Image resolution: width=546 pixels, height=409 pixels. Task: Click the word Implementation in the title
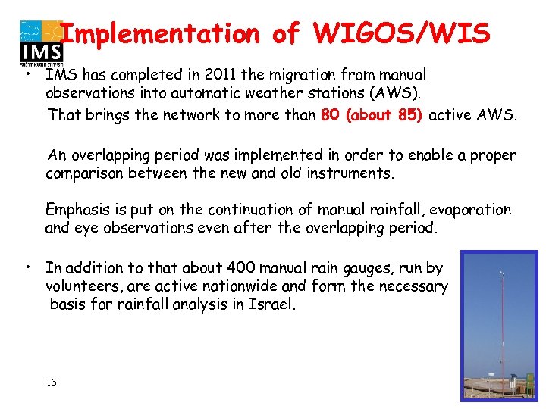(159, 34)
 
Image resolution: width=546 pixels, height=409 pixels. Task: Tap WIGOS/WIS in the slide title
(401, 34)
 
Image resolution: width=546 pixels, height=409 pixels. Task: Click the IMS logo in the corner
(40, 42)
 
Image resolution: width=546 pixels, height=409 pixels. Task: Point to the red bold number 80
(330, 115)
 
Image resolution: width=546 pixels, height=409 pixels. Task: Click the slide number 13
(51, 382)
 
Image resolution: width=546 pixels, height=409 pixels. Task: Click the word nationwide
(242, 286)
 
